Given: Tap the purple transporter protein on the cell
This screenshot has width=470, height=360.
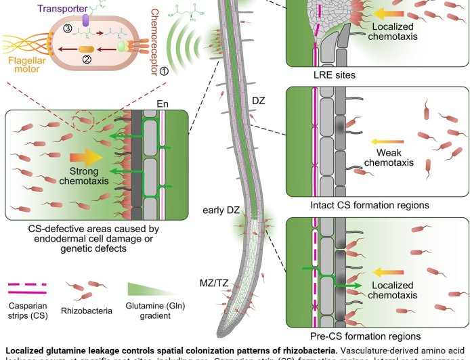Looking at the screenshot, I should [86, 21].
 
